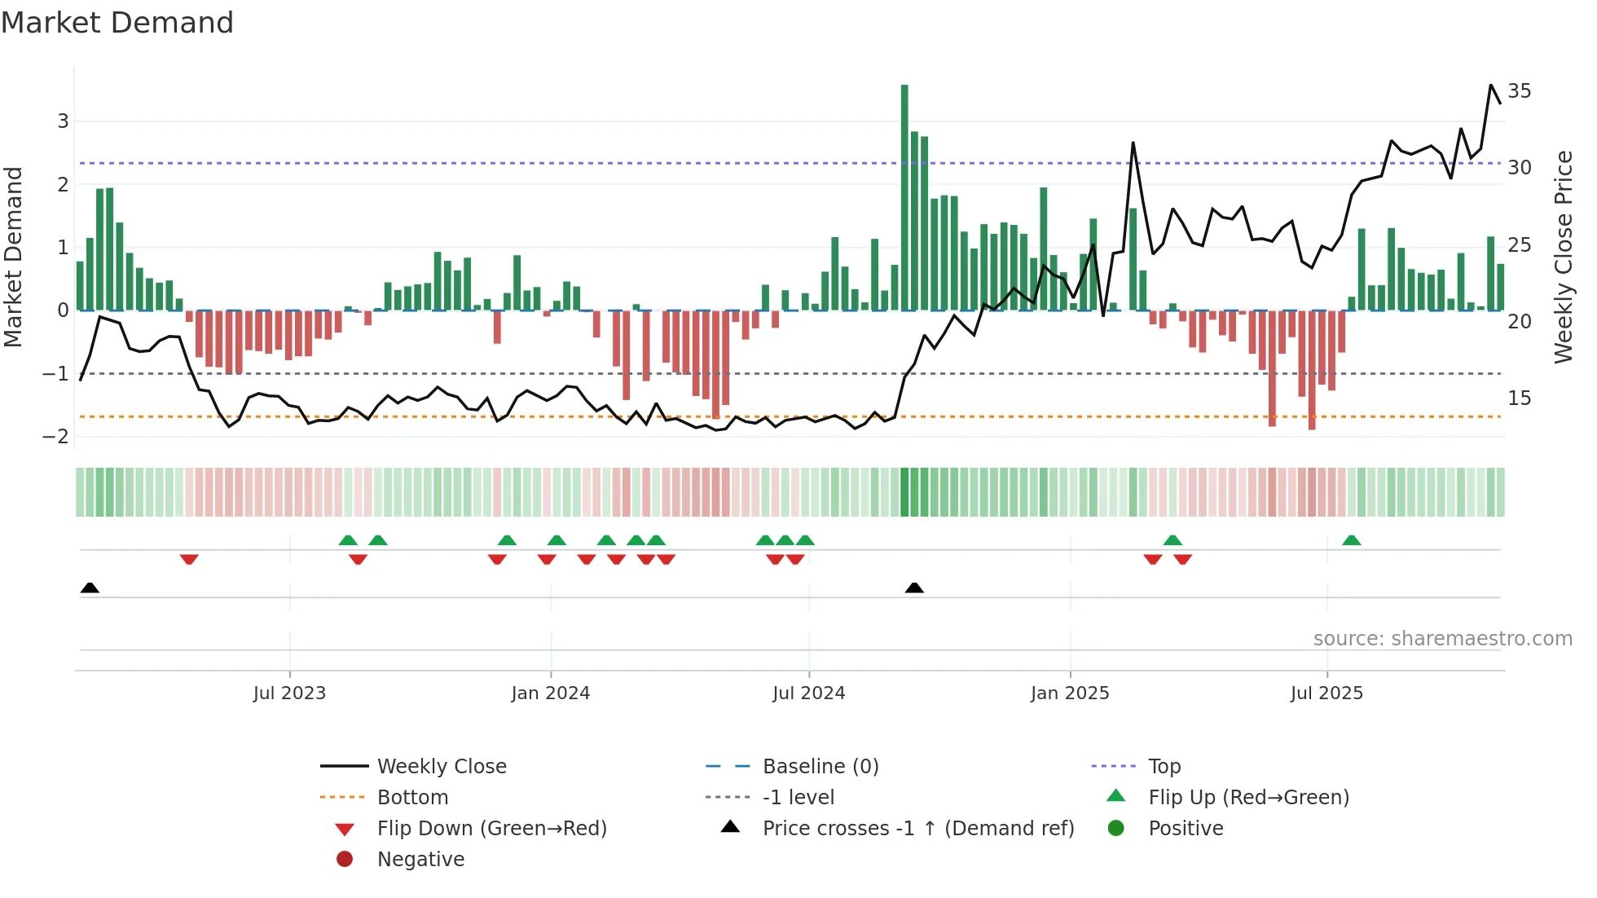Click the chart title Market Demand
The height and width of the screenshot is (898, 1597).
tap(117, 23)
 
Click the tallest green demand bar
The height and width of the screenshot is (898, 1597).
tap(904, 196)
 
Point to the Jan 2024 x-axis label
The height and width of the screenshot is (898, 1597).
tap(550, 693)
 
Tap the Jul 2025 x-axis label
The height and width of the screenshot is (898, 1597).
tap(1326, 693)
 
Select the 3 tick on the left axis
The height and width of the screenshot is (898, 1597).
tap(63, 121)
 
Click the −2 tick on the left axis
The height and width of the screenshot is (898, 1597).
tap(56, 437)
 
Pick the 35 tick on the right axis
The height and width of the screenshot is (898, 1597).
tap(1519, 90)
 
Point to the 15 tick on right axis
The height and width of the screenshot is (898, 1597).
tap(1519, 398)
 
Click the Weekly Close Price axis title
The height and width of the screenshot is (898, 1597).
tap(1563, 257)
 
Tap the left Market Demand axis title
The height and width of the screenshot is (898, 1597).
tap(13, 257)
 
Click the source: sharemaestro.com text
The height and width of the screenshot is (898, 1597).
tap(1442, 639)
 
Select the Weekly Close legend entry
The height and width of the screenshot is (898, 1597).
tap(441, 767)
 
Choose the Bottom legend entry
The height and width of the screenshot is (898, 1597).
tap(412, 798)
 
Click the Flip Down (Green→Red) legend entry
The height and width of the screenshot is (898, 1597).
tap(491, 829)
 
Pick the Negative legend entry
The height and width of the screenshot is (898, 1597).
tap(420, 860)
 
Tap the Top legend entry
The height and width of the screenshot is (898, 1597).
tap(1164, 767)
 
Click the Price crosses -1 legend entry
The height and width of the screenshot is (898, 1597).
tap(917, 829)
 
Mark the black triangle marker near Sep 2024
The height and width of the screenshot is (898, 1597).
tap(914, 588)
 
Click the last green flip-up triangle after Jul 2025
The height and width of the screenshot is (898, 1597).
tap(1351, 540)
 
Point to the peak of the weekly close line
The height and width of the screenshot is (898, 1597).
tap(1491, 86)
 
